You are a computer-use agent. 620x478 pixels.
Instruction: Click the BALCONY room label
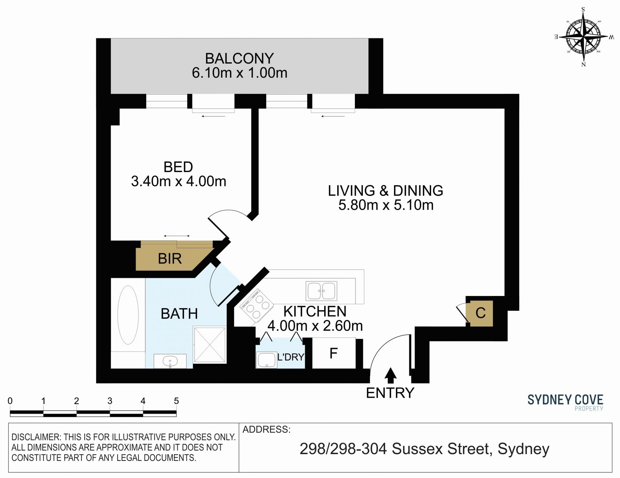(x=239, y=58)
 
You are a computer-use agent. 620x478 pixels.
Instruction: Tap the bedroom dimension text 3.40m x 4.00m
(x=179, y=181)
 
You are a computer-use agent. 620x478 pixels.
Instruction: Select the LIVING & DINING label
(x=386, y=191)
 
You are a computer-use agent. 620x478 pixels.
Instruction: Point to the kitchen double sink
(x=321, y=290)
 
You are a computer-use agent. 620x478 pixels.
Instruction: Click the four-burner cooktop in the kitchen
(x=257, y=306)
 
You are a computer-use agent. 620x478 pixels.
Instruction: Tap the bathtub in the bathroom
(x=128, y=315)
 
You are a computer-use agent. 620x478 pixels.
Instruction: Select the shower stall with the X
(x=210, y=345)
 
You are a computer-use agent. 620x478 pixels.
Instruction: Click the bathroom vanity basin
(x=170, y=361)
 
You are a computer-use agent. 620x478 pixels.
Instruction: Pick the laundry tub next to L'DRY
(x=267, y=360)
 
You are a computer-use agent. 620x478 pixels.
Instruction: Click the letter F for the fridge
(x=334, y=353)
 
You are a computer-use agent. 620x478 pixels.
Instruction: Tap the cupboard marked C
(x=481, y=313)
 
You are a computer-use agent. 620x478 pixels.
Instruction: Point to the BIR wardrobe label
(x=170, y=259)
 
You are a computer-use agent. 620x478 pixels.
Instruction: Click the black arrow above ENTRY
(x=391, y=375)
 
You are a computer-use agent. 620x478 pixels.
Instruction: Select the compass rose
(x=584, y=37)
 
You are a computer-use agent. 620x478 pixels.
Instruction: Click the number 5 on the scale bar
(x=176, y=401)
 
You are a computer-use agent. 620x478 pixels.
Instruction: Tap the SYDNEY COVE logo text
(x=565, y=400)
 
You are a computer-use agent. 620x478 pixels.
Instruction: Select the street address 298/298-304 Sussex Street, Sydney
(x=424, y=449)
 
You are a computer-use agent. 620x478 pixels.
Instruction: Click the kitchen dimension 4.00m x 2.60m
(x=315, y=326)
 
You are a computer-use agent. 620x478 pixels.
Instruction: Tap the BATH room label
(x=179, y=314)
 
